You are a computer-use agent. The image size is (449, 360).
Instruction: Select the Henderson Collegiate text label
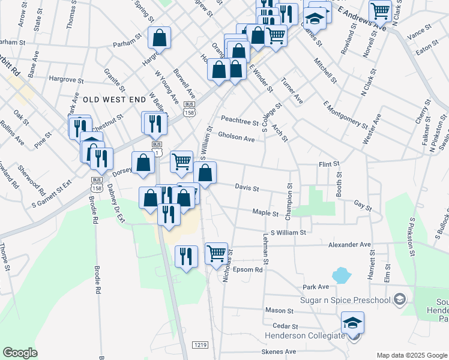tap(305, 335)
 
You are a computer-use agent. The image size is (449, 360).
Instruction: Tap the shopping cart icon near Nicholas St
tap(217, 253)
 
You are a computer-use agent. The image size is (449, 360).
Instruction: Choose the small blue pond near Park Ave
tap(341, 275)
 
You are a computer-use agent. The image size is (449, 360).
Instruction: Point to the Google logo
tap(20, 353)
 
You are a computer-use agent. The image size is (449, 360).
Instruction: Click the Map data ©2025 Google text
tap(411, 355)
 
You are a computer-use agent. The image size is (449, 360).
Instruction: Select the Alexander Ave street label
tap(350, 245)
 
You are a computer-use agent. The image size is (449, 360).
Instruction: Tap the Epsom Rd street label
tap(248, 270)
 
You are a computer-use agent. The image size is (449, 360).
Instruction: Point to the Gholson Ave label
tap(237, 137)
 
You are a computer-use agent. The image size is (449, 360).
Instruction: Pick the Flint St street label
tap(329, 164)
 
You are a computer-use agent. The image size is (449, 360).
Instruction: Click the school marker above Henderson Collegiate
tap(353, 322)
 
